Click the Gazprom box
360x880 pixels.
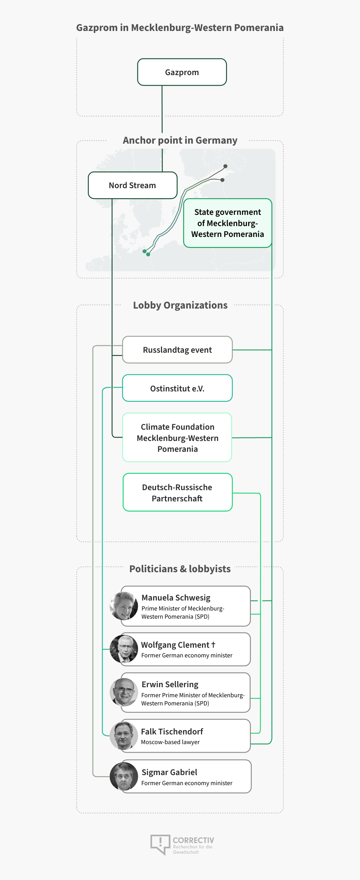click(x=182, y=72)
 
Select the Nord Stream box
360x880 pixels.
click(x=133, y=185)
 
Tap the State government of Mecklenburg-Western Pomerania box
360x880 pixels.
click(x=228, y=223)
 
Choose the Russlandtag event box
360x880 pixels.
click(x=177, y=350)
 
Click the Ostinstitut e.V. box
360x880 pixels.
click(x=177, y=388)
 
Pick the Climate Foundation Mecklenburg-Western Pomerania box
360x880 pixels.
click(x=177, y=437)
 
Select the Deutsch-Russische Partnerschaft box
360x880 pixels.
click(x=178, y=492)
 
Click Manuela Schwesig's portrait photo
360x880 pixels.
click(x=124, y=606)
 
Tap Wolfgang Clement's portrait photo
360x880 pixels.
click(x=124, y=649)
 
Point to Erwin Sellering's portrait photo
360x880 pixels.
click(x=124, y=692)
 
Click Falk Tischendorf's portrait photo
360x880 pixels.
click(x=124, y=736)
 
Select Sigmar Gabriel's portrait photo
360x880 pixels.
click(x=124, y=776)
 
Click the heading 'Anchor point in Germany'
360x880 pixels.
click(x=180, y=140)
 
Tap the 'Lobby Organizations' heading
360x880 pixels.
click(x=180, y=305)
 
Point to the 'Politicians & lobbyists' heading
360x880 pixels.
click(x=180, y=569)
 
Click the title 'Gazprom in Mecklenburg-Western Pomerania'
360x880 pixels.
click(x=180, y=27)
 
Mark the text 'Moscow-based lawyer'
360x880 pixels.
click(x=170, y=742)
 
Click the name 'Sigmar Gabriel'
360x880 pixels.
click(x=170, y=772)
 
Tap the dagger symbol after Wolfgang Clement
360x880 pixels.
click(x=213, y=645)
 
